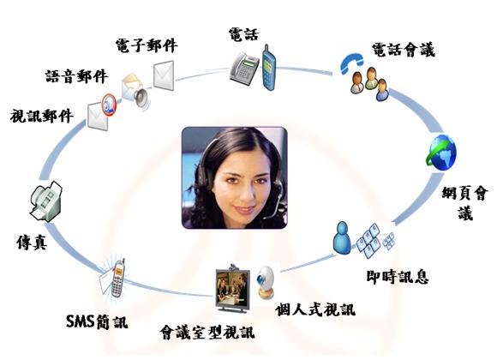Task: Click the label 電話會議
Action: pos(404,50)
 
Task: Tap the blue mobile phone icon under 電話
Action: pos(268,68)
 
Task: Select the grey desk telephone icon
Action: pos(244,69)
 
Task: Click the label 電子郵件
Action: pos(147,45)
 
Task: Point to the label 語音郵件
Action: pos(76,76)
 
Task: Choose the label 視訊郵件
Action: pos(41,116)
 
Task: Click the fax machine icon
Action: pos(46,201)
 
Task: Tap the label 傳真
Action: pos(32,243)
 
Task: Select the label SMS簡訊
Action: pos(97,321)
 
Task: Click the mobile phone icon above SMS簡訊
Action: pos(118,279)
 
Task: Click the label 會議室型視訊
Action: pos(207,333)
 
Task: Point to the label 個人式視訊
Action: pos(315,309)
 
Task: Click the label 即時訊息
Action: pos(398,277)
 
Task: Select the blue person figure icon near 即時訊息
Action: pos(342,238)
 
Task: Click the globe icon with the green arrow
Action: pos(441,153)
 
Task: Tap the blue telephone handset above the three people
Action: pos(351,63)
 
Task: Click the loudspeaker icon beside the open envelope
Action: pos(141,98)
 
